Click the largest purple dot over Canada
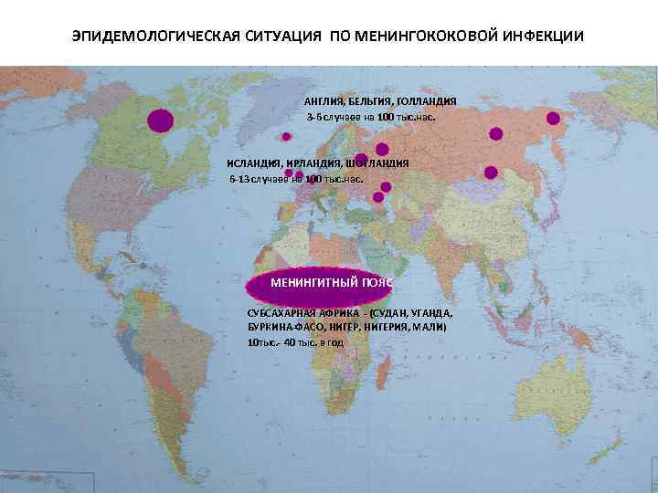click(x=160, y=120)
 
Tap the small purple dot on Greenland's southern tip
click(x=286, y=137)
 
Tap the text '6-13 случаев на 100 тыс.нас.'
click(x=295, y=179)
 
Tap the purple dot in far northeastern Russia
click(x=552, y=117)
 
